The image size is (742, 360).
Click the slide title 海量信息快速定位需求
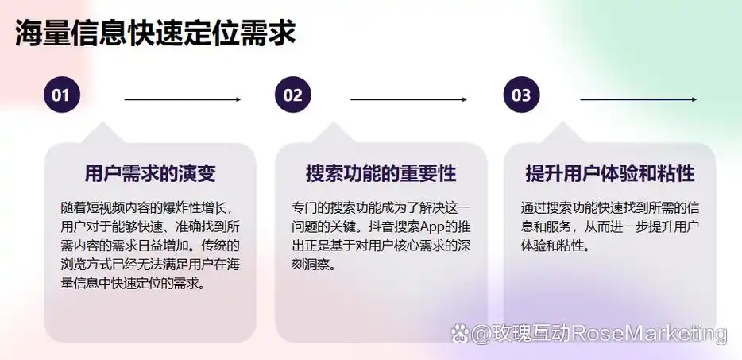[156, 33]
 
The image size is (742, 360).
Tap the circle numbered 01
[61, 96]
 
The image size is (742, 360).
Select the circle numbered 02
[293, 96]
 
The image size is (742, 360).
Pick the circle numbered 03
[521, 96]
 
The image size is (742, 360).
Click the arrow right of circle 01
[182, 99]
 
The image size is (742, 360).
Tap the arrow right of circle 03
[638, 99]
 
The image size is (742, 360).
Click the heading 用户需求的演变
[150, 173]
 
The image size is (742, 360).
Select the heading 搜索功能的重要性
[381, 173]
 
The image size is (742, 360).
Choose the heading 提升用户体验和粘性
[610, 173]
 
